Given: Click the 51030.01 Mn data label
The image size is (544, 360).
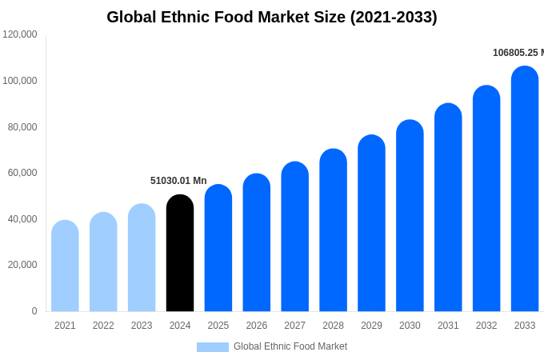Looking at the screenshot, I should point(178,181).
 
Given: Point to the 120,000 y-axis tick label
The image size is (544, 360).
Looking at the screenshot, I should point(20,34).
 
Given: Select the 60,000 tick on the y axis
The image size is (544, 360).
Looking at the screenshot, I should point(22,173).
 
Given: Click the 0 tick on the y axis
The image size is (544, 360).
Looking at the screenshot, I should point(34,311).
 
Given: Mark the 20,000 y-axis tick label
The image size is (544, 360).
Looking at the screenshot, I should point(22,265).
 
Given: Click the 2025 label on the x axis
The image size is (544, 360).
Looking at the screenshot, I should point(218,326).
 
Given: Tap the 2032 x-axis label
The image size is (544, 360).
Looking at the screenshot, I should point(486,326).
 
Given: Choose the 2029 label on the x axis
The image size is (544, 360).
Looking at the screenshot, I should point(371,326).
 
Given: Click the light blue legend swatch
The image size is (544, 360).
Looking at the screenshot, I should point(213,347).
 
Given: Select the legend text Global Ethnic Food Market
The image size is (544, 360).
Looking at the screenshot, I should point(290,346).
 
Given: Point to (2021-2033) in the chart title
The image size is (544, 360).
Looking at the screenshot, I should point(394,17).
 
